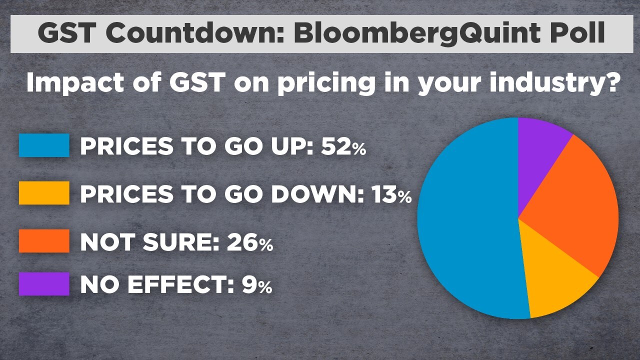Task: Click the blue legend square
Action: click(x=44, y=145)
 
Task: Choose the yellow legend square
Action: click(x=44, y=193)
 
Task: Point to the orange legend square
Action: click(x=44, y=241)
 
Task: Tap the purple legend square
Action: click(x=44, y=283)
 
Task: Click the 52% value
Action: click(x=343, y=146)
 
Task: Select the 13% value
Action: click(x=391, y=194)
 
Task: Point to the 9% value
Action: click(x=257, y=284)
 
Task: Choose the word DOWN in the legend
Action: click(x=317, y=194)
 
